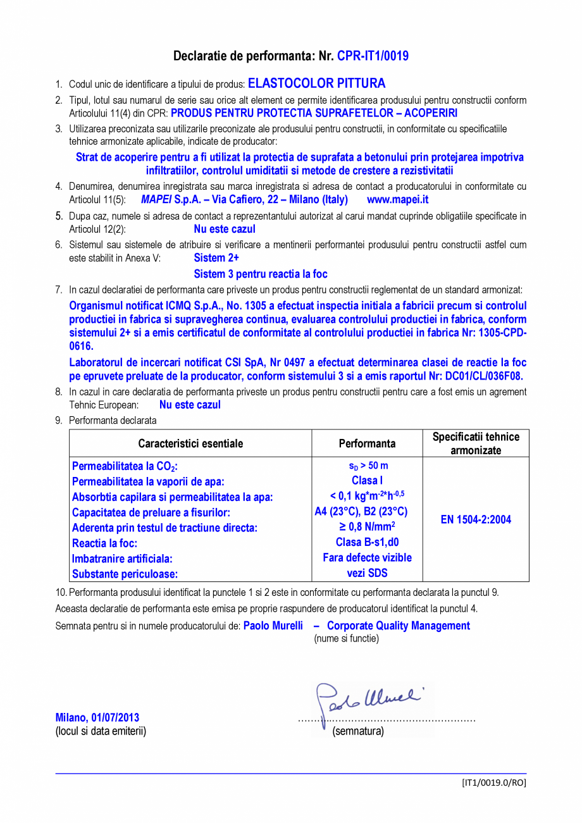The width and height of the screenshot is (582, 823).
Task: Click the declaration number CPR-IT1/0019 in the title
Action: [x=373, y=56]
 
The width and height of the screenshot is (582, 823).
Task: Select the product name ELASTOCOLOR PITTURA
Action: [x=316, y=84]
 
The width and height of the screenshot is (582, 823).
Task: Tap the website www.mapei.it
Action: [x=397, y=199]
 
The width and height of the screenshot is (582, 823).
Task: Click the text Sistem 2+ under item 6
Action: [x=216, y=257]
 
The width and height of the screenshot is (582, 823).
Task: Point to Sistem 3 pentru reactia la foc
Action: [x=260, y=274]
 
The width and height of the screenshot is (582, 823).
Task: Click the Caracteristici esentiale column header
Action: [x=190, y=443]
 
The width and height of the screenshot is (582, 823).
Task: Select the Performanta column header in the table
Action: [x=367, y=443]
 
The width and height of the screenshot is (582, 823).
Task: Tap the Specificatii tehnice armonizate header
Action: [x=476, y=443]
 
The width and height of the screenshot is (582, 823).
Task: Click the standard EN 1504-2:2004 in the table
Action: [x=476, y=520]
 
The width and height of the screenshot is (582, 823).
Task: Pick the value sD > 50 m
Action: [x=367, y=466]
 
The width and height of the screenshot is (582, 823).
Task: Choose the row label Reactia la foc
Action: [x=105, y=543]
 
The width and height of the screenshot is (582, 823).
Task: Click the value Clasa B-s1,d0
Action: [x=367, y=542]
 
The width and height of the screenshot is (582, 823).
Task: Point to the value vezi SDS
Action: [x=367, y=573]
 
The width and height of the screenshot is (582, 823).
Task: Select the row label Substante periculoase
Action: [x=125, y=574]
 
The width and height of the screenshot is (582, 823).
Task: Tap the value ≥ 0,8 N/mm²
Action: [x=367, y=526]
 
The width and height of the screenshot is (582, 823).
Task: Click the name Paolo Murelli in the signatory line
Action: [x=273, y=626]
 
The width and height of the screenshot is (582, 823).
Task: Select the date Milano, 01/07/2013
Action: [x=97, y=717]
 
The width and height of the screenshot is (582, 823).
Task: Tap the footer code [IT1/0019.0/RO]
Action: [x=493, y=783]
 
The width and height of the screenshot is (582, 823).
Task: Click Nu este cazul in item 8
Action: [x=190, y=405]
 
